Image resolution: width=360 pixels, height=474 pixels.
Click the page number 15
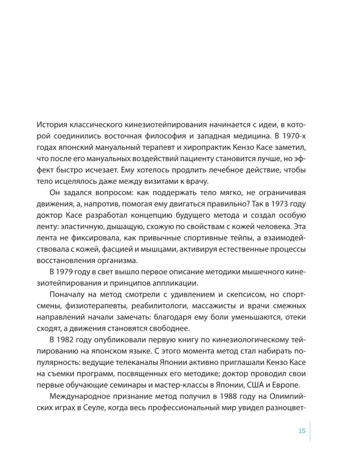point(302,430)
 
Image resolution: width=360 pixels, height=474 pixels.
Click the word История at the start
point(52,126)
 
